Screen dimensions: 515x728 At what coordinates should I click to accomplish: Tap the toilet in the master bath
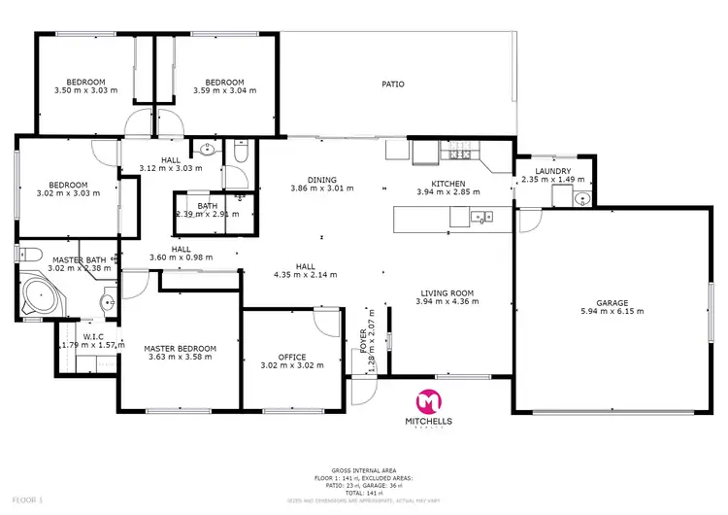tap(28, 256)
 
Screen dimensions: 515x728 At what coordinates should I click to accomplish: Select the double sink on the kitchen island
tap(480, 218)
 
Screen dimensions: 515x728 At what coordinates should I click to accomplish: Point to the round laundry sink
tap(580, 198)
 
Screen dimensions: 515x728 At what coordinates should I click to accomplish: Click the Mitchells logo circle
tap(428, 401)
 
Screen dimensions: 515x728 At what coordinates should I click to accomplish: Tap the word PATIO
tap(392, 85)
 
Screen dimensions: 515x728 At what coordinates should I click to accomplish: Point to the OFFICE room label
tap(292, 357)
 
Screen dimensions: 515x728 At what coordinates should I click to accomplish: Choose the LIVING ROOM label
tap(447, 292)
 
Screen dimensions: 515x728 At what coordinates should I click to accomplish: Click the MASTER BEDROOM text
tap(180, 348)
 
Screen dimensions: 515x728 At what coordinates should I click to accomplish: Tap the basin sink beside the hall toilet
tap(206, 149)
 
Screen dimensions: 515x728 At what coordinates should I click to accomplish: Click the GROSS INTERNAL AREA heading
tap(364, 468)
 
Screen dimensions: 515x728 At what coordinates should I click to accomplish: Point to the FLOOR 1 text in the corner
tap(17, 498)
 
